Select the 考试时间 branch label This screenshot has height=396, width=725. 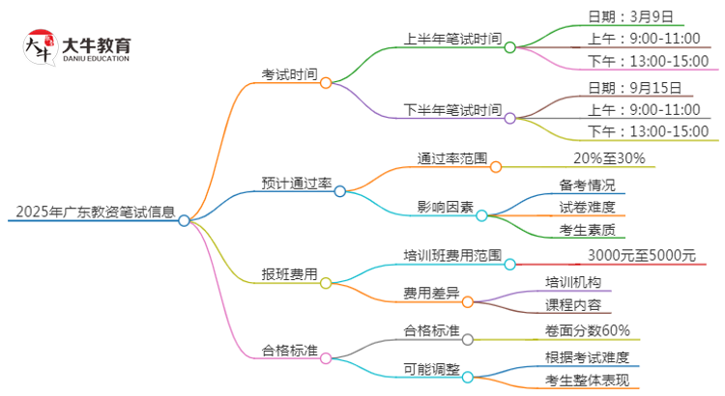pos(289,74)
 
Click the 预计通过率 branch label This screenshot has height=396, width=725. pos(296,183)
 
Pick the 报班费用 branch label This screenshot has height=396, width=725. pos(289,274)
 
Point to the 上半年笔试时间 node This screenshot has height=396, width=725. pos(452,39)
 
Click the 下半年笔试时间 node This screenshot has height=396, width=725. pos(452,110)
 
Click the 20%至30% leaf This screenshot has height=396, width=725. pos(609,158)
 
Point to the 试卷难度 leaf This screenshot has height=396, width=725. pos(587,207)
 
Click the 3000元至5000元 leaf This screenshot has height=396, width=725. pos(641,256)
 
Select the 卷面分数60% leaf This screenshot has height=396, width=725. pos(594,330)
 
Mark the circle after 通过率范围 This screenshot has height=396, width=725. pos(496,166)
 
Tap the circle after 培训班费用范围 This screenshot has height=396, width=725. pos(510,263)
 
